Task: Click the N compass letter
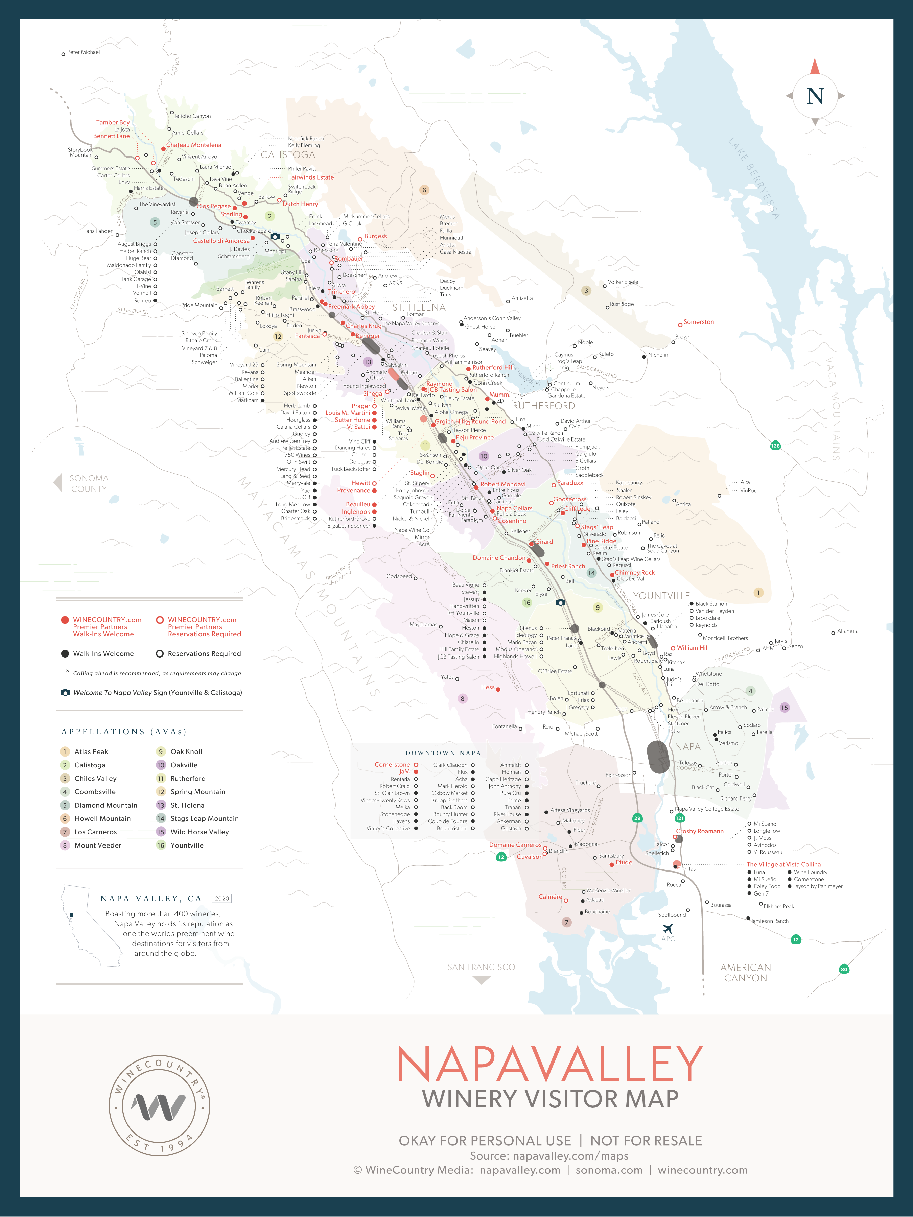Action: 815,96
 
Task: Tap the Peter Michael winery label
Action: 83,53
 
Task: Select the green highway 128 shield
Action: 775,446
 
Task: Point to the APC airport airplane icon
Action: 668,929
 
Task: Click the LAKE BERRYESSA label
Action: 754,179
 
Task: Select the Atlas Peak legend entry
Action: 91,751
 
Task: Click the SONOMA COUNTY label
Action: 89,484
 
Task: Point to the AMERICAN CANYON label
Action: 745,973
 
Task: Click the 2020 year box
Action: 222,899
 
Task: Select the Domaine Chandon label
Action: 499,558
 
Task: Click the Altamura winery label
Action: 847,631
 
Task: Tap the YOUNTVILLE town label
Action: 661,596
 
